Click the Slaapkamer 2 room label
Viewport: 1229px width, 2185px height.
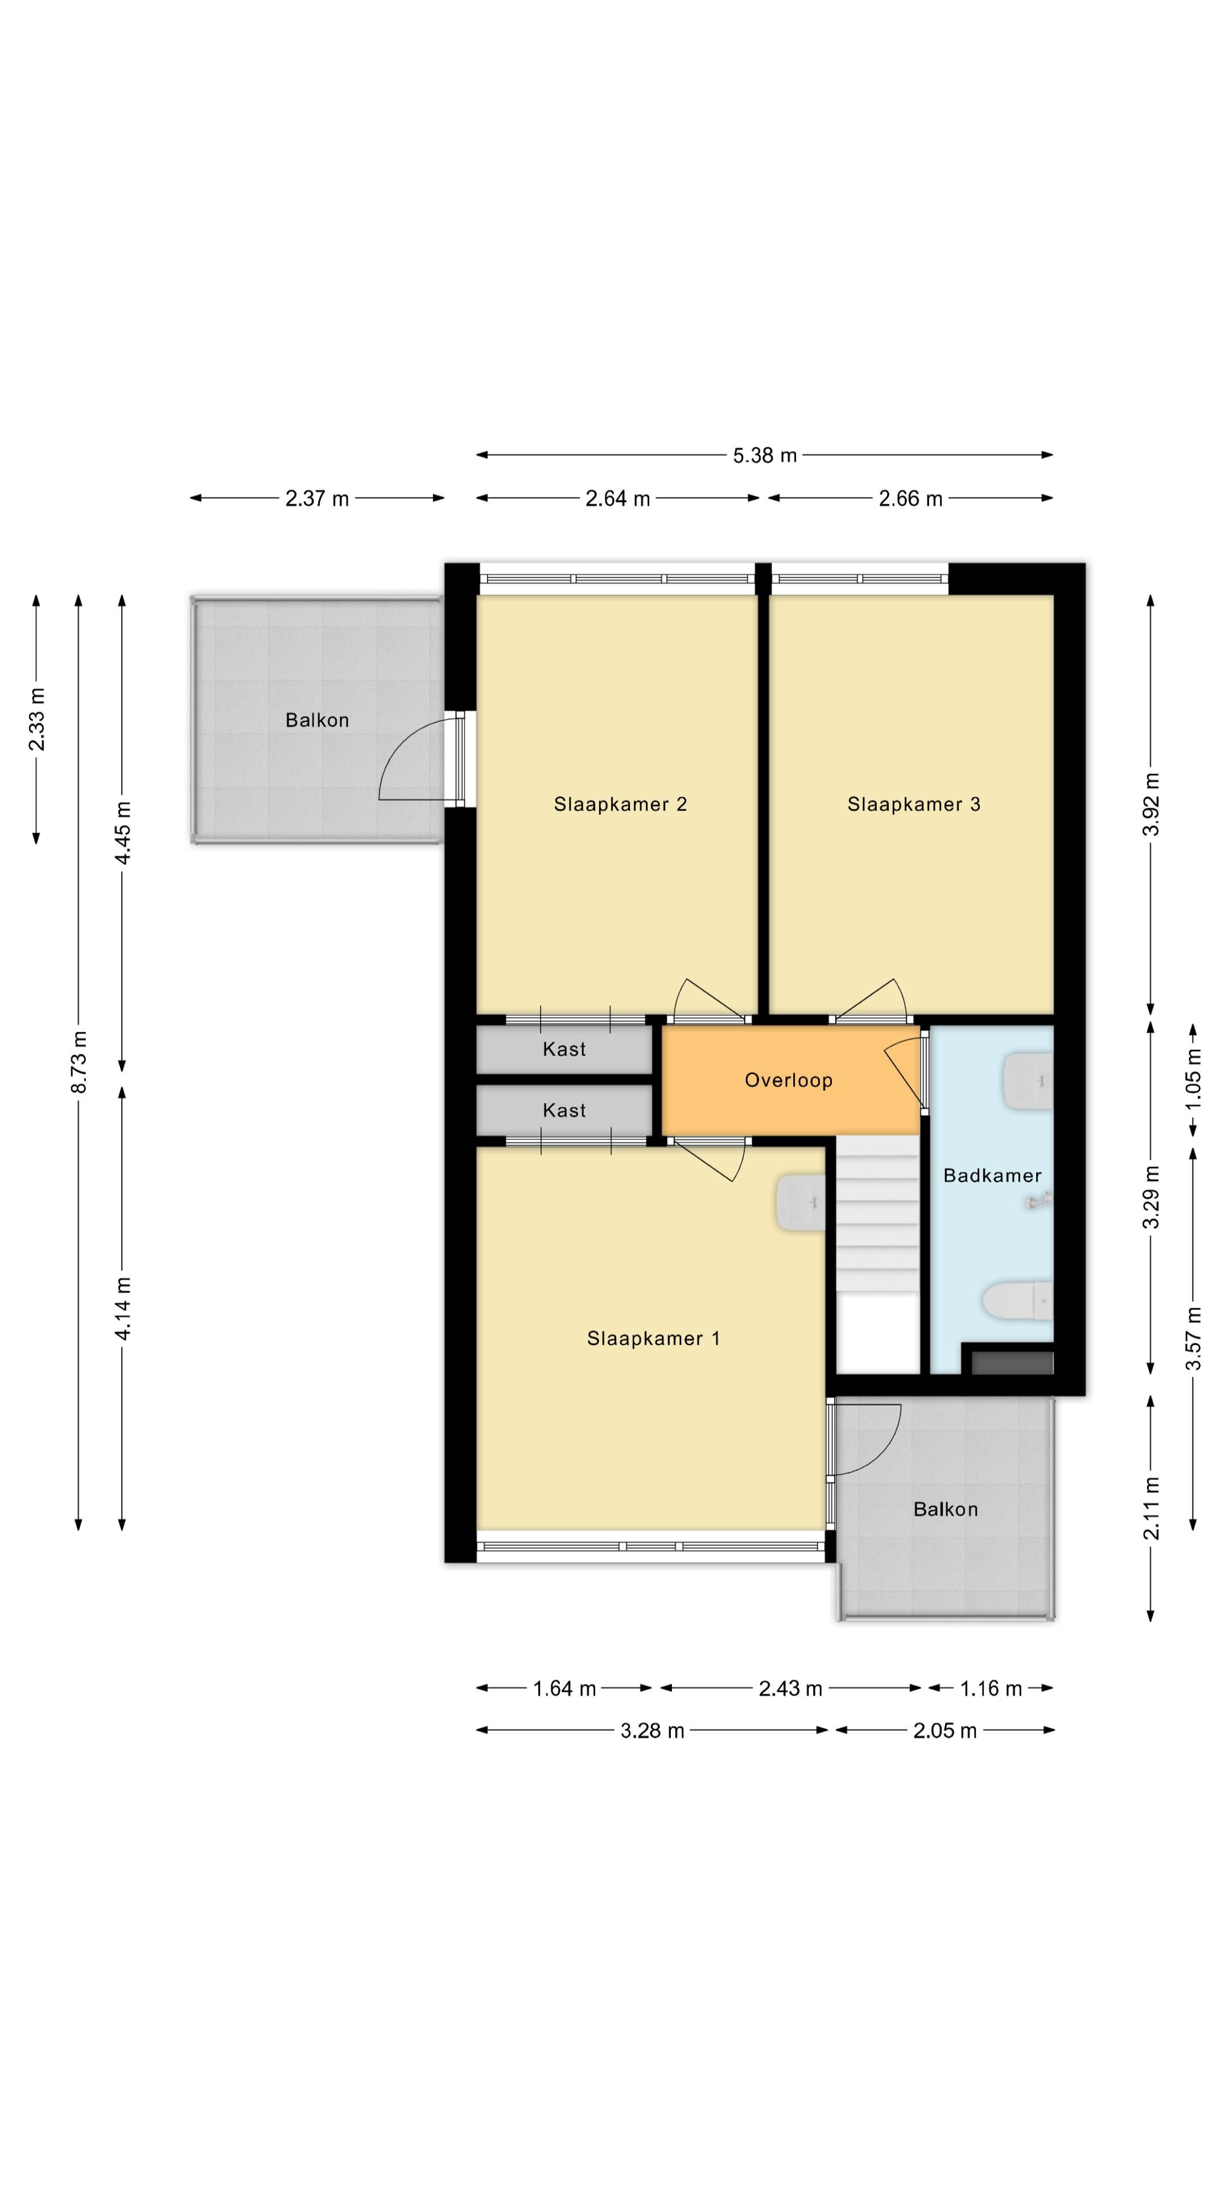click(x=620, y=804)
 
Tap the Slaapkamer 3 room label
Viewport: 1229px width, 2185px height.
click(x=913, y=804)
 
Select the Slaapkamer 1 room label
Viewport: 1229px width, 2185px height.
click(x=653, y=1338)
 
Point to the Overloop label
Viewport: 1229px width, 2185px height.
click(x=789, y=1080)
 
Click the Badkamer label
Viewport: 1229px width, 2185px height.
click(x=992, y=1176)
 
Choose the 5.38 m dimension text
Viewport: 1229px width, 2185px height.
click(x=765, y=455)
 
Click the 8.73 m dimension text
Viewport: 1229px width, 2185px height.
click(x=79, y=1061)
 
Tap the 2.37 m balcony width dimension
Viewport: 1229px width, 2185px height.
click(x=317, y=499)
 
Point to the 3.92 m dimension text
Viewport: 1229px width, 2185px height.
click(x=1151, y=804)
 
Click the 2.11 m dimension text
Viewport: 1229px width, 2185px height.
click(x=1151, y=1507)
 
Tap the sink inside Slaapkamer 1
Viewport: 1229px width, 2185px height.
click(x=800, y=1202)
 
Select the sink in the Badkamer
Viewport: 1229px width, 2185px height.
click(x=1028, y=1082)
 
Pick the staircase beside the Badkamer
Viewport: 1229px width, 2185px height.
click(x=878, y=1255)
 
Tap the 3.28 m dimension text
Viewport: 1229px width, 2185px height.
click(x=652, y=1731)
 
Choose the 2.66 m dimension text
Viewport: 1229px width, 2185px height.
click(x=911, y=499)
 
